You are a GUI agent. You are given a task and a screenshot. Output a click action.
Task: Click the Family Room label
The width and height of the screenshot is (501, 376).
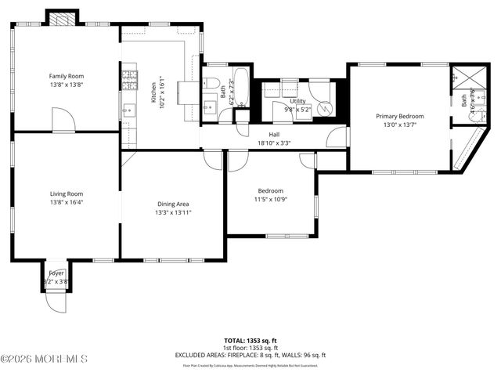pos(67,76)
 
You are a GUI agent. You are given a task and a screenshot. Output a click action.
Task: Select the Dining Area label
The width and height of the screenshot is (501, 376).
pos(173,204)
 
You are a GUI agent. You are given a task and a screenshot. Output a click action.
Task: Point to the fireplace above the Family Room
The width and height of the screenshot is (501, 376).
pos(62,18)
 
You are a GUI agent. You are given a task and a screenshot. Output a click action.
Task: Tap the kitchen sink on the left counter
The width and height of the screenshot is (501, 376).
pos(128,110)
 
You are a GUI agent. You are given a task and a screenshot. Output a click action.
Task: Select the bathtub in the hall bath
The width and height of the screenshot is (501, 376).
pos(241,88)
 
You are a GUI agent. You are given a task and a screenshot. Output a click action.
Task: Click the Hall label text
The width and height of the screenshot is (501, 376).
pos(274,134)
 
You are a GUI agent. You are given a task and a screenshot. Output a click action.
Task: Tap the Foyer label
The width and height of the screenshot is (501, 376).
pos(56,273)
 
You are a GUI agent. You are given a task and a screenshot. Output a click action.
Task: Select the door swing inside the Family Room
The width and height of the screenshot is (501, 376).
pos(63,120)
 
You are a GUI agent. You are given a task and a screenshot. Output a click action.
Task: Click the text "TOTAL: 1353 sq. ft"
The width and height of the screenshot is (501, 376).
pos(250,341)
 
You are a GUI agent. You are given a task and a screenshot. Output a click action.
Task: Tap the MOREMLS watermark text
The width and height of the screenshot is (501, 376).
pos(45,359)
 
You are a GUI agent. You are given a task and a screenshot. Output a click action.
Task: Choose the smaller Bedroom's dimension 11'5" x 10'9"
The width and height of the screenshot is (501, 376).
pos(271,200)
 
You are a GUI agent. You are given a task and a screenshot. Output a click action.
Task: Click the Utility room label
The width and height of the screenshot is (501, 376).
pos(297,101)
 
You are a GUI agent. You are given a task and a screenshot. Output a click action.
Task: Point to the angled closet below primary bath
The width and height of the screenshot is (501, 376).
pos(465,154)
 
